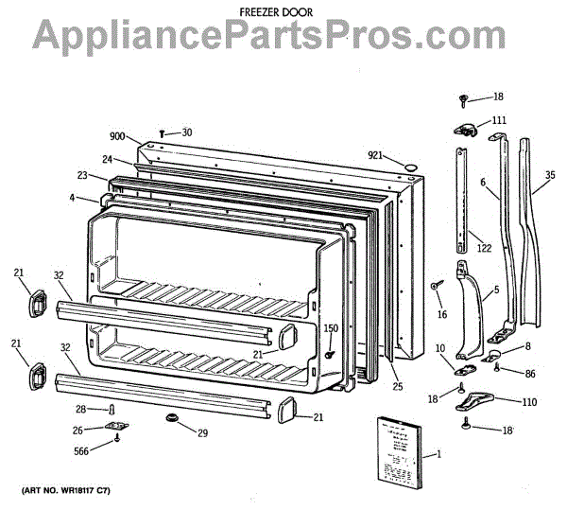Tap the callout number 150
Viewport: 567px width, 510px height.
click(x=331, y=328)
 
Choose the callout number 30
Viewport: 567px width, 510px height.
click(x=187, y=132)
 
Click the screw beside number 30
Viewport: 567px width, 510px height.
click(x=164, y=133)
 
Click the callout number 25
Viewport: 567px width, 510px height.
click(x=397, y=386)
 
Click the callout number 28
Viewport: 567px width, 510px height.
click(x=80, y=409)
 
